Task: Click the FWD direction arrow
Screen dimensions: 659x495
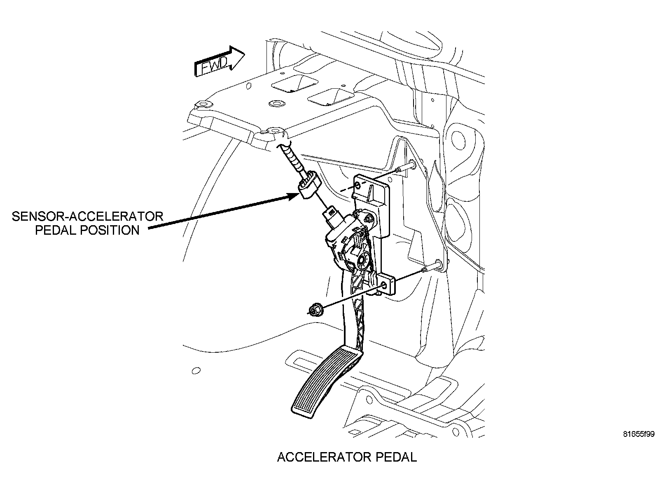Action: (220, 62)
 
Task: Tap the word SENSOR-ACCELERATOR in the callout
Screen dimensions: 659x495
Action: (88, 217)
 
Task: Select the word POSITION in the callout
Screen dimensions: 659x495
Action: (110, 230)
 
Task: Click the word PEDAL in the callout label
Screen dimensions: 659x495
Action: (56, 230)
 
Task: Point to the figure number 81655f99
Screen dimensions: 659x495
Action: (638, 434)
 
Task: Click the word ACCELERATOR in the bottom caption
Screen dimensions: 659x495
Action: (325, 457)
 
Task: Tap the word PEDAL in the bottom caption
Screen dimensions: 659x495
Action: (396, 457)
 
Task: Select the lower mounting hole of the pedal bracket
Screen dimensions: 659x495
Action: (384, 285)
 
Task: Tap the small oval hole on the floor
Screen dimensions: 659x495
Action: (196, 371)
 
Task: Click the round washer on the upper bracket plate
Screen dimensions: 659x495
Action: (274, 104)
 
